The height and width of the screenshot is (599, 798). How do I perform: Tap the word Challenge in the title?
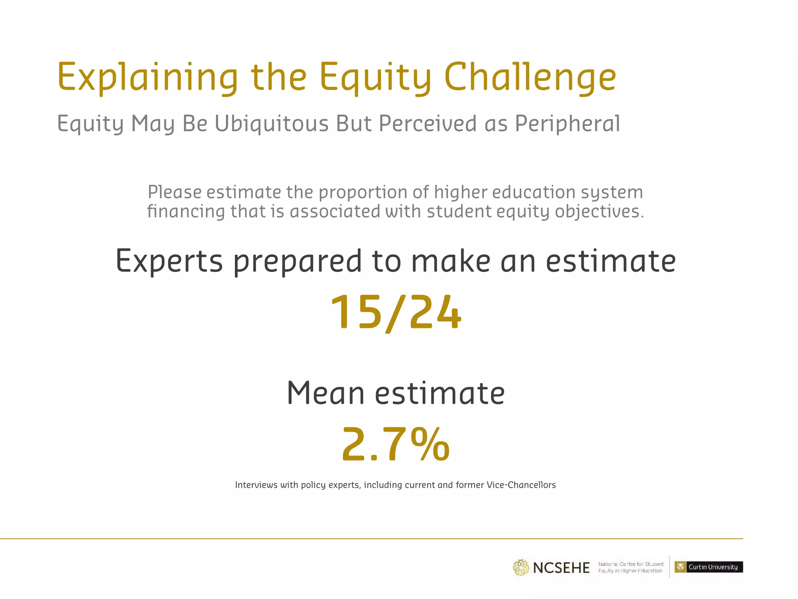pyautogui.click(x=530, y=77)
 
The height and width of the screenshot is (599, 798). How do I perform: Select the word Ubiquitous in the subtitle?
pyautogui.click(x=272, y=124)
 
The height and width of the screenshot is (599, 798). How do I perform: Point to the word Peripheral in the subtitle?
pyautogui.click(x=567, y=124)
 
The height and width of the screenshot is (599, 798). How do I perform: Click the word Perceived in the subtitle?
pyautogui.click(x=428, y=124)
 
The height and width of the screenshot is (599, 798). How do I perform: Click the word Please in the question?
pyautogui.click(x=175, y=192)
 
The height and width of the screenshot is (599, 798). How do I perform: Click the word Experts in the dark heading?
pyautogui.click(x=169, y=261)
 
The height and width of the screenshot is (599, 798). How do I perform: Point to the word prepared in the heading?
pyautogui.click(x=298, y=261)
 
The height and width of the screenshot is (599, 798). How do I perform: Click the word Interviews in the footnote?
pyautogui.click(x=256, y=485)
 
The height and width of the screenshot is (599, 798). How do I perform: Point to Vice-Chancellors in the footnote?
pyautogui.click(x=521, y=485)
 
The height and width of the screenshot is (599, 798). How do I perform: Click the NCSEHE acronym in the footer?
pyautogui.click(x=561, y=568)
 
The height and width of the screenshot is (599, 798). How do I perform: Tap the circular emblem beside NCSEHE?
pyautogui.click(x=521, y=568)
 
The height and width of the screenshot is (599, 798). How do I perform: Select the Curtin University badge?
pyautogui.click(x=708, y=567)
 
